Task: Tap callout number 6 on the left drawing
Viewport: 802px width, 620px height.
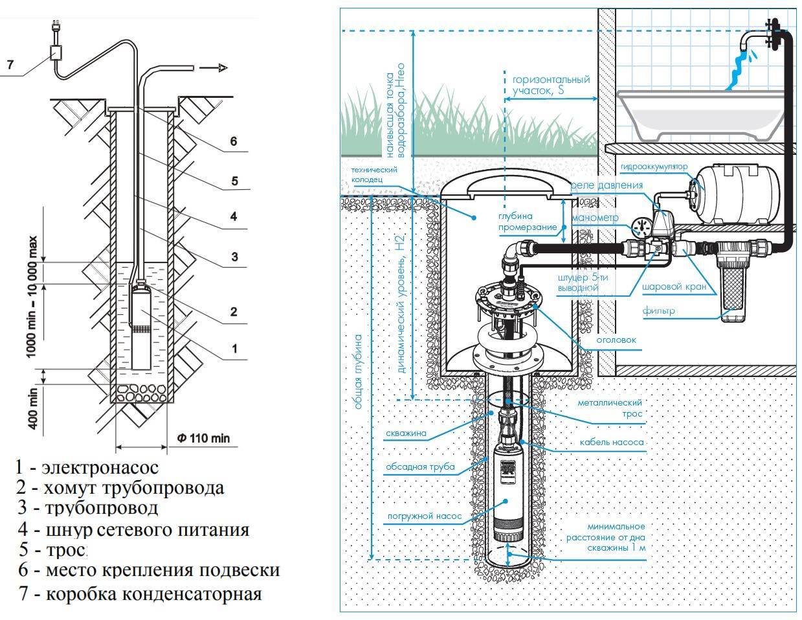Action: point(233,141)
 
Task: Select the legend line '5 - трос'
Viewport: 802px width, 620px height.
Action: point(52,550)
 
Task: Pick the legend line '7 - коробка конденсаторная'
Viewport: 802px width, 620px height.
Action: point(140,593)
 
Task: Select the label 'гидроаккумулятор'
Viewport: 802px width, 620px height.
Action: point(653,166)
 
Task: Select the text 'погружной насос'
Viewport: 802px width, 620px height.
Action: point(425,516)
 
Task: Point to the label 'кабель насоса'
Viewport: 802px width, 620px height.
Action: point(616,442)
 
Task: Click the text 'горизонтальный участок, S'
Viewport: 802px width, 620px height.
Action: point(547,86)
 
